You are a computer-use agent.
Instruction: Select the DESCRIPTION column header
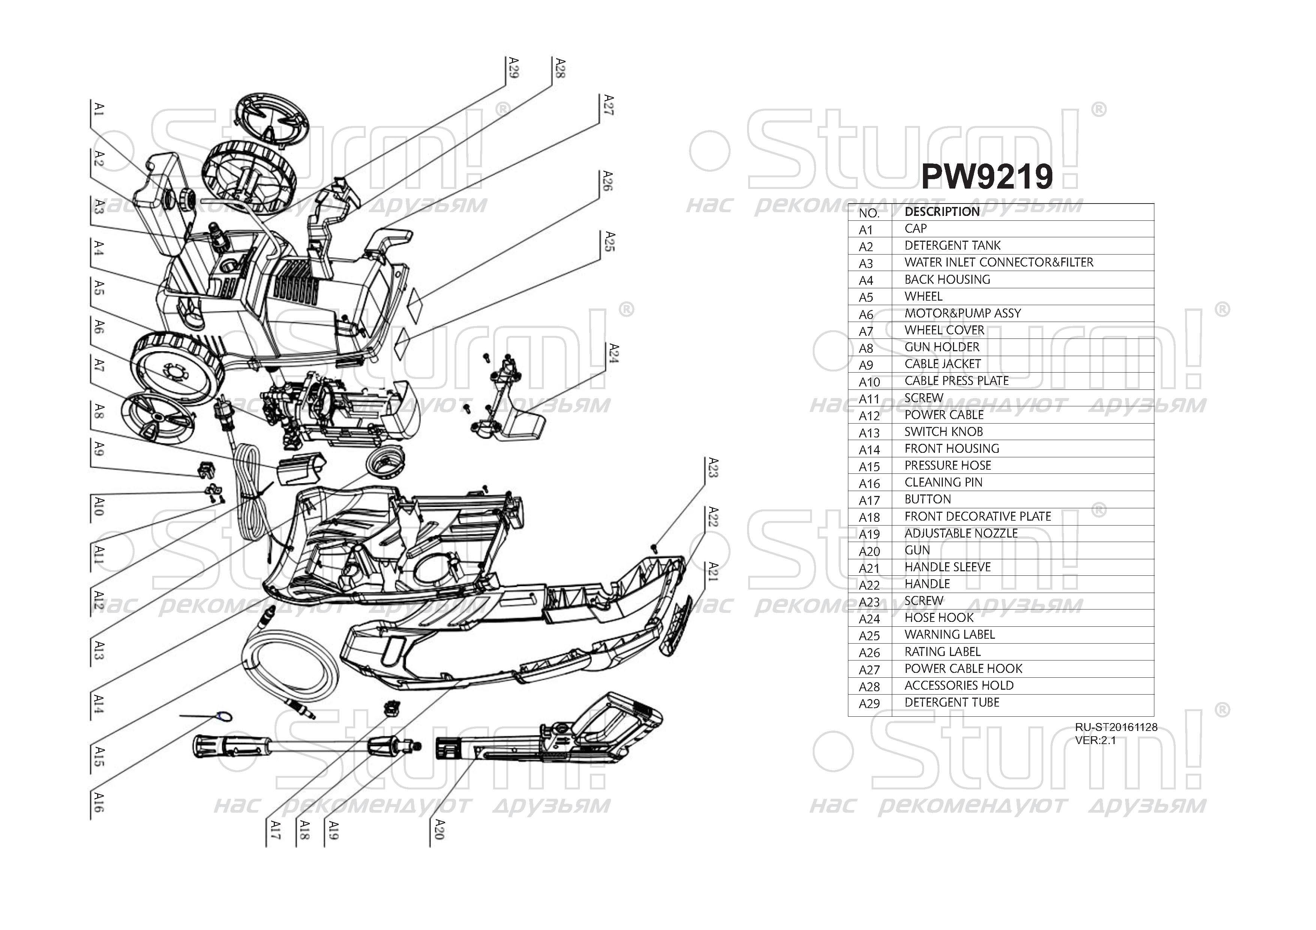942,211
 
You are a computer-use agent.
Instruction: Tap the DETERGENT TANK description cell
952,245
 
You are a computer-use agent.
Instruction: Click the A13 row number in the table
869,433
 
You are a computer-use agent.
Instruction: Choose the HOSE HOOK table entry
939,617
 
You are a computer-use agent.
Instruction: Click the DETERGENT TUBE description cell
951,702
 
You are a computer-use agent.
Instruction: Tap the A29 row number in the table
869,703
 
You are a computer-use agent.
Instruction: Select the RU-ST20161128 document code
1116,727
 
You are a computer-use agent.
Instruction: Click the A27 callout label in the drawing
609,105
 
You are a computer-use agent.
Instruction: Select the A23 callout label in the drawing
713,467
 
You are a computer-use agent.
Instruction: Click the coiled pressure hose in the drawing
287,665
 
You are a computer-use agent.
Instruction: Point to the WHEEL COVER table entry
944,330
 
